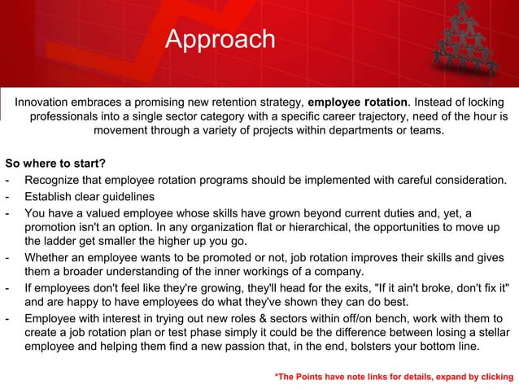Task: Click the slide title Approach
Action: coord(220,39)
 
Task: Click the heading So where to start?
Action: coord(50,164)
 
